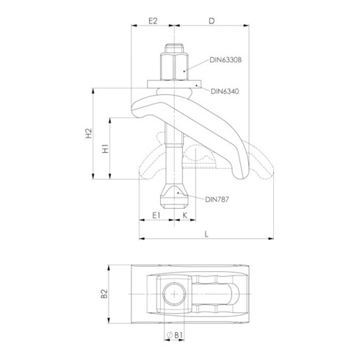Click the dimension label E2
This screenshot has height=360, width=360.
point(153,21)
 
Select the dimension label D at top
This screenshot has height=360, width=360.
point(210,21)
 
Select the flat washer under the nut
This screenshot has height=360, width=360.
point(176,84)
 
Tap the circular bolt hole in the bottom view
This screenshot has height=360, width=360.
point(175,293)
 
